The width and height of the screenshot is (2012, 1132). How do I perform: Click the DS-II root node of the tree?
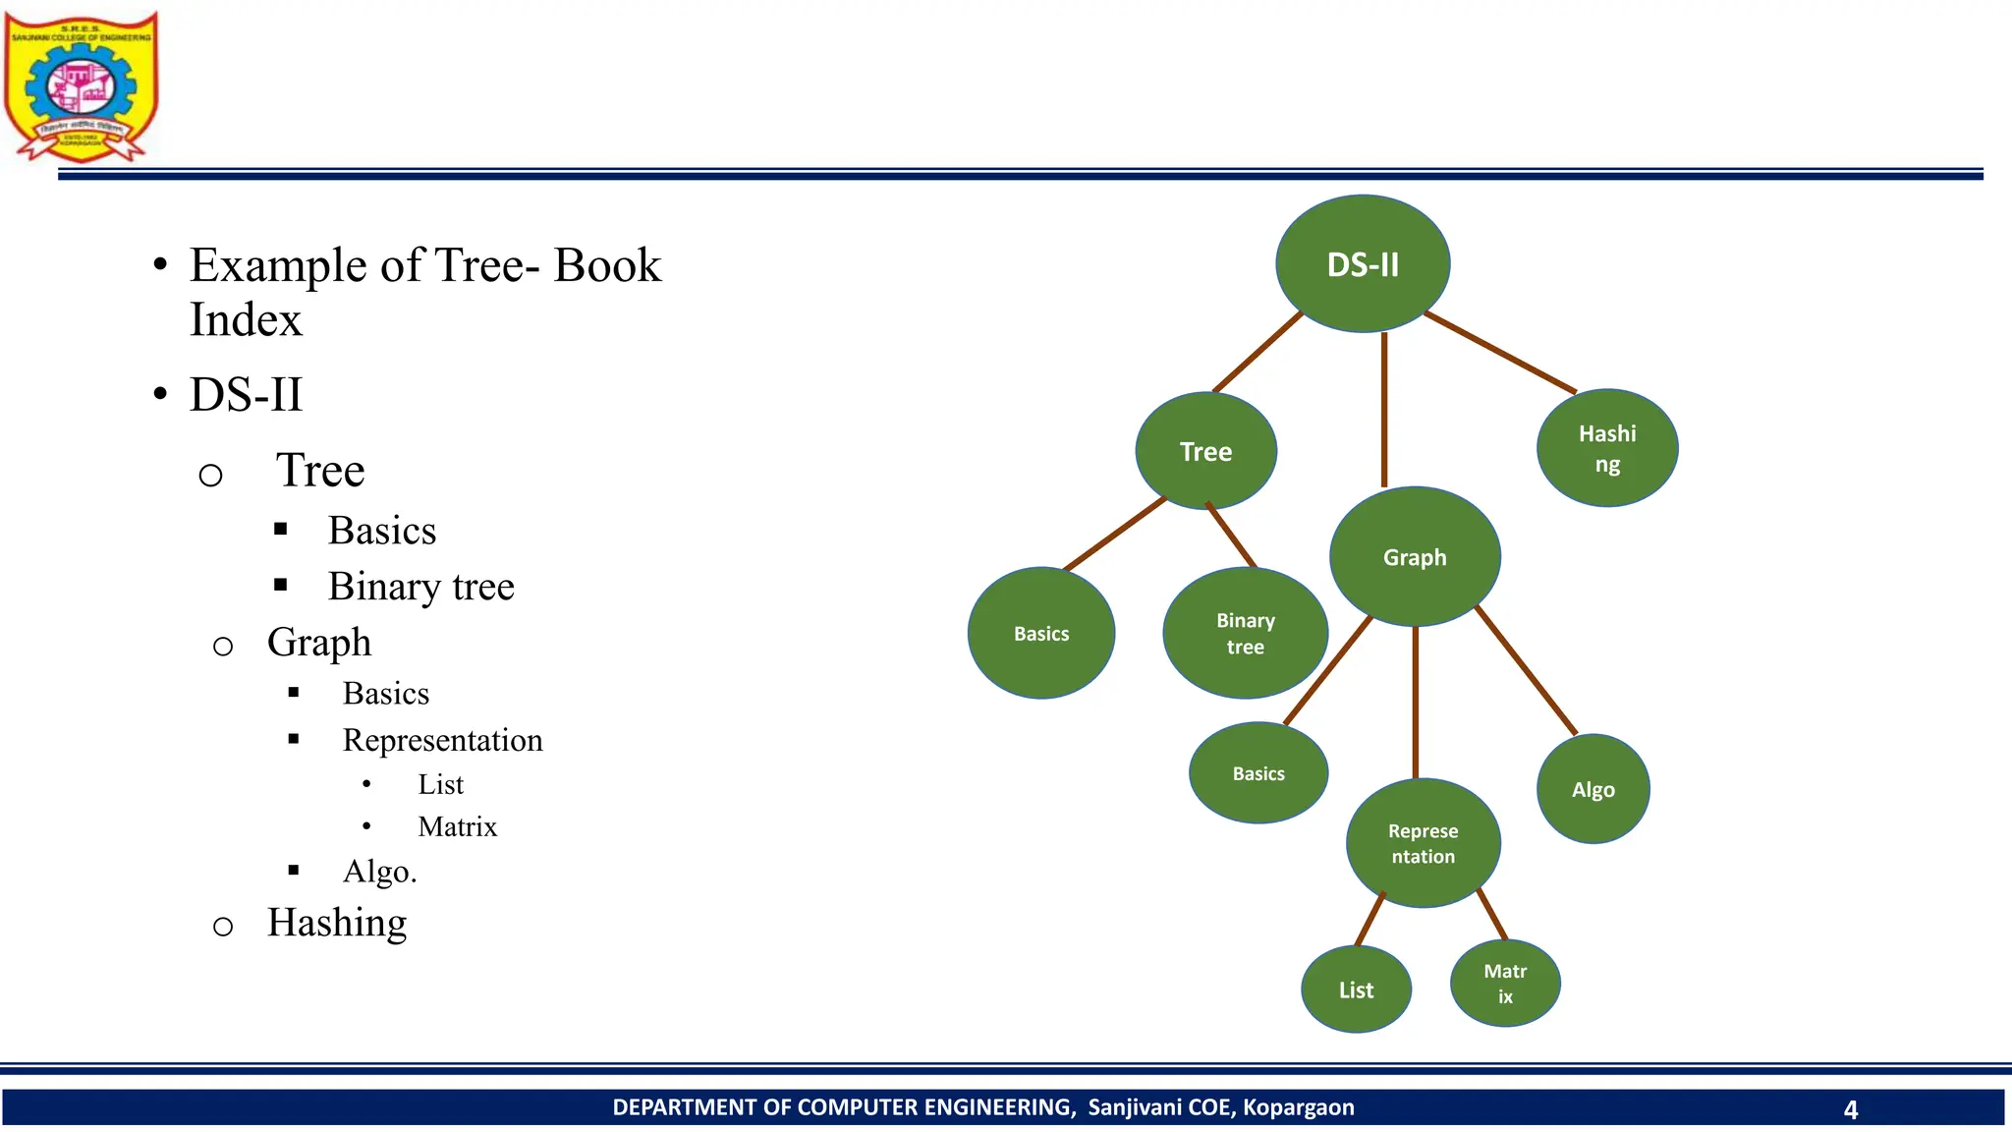pyautogui.click(x=1363, y=263)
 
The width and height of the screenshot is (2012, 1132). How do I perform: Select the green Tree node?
pyautogui.click(x=1205, y=451)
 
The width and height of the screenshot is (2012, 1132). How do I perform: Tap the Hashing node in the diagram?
pyautogui.click(x=1607, y=448)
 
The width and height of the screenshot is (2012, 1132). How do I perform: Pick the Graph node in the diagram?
pyautogui.click(x=1415, y=557)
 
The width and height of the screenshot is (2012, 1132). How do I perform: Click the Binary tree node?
pyautogui.click(x=1245, y=634)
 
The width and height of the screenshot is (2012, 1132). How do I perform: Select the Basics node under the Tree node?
pyautogui.click(x=1041, y=634)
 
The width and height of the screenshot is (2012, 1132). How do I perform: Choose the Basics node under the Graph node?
pyautogui.click(x=1258, y=773)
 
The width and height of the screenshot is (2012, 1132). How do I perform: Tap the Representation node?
pyautogui.click(x=1423, y=843)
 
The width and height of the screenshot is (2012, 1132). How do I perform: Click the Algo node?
pyautogui.click(x=1593, y=789)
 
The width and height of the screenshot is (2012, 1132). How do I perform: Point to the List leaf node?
pyautogui.click(x=1356, y=990)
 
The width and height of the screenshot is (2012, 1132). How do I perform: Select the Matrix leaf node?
pyautogui.click(x=1505, y=983)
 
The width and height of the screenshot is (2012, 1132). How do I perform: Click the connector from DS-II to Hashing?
pyautogui.click(x=1500, y=353)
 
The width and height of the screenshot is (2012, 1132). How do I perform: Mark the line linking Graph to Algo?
pyautogui.click(x=1526, y=670)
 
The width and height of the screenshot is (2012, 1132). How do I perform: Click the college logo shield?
pyautogui.click(x=81, y=86)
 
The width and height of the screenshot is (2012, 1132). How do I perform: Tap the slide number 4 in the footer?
pyautogui.click(x=1850, y=1109)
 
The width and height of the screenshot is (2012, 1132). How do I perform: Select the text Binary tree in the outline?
pyautogui.click(x=420, y=587)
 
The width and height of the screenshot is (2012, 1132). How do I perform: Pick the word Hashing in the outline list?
pyautogui.click(x=337, y=923)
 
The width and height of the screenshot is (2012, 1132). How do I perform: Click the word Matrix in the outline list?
pyautogui.click(x=457, y=826)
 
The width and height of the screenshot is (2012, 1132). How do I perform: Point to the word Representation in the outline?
pyautogui.click(x=442, y=740)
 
